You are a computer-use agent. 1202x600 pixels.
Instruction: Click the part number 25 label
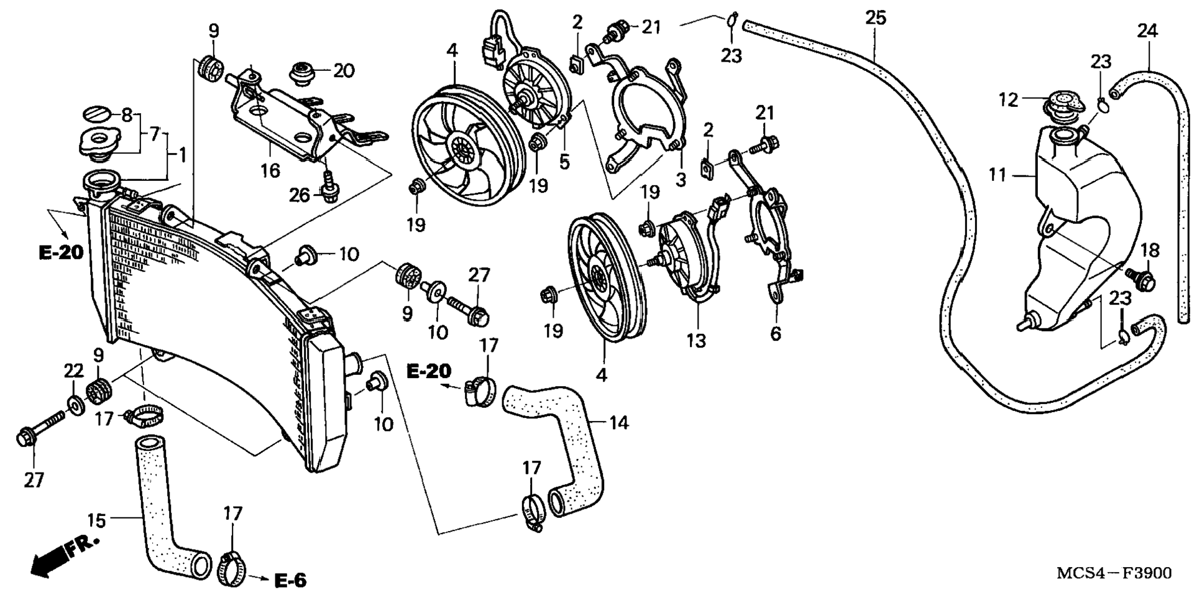tap(875, 19)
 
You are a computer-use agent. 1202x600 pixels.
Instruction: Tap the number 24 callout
tap(1147, 30)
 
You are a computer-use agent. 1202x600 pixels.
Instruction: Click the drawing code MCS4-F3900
tap(1114, 572)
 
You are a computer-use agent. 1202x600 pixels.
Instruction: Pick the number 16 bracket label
tap(270, 170)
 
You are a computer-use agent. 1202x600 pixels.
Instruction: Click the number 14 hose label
tap(619, 423)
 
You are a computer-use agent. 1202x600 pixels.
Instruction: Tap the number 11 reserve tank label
tap(998, 176)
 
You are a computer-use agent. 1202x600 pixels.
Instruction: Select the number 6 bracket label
tap(776, 334)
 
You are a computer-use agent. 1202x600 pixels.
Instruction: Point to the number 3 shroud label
tap(681, 180)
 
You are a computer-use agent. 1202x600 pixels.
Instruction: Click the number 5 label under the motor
tap(564, 162)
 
